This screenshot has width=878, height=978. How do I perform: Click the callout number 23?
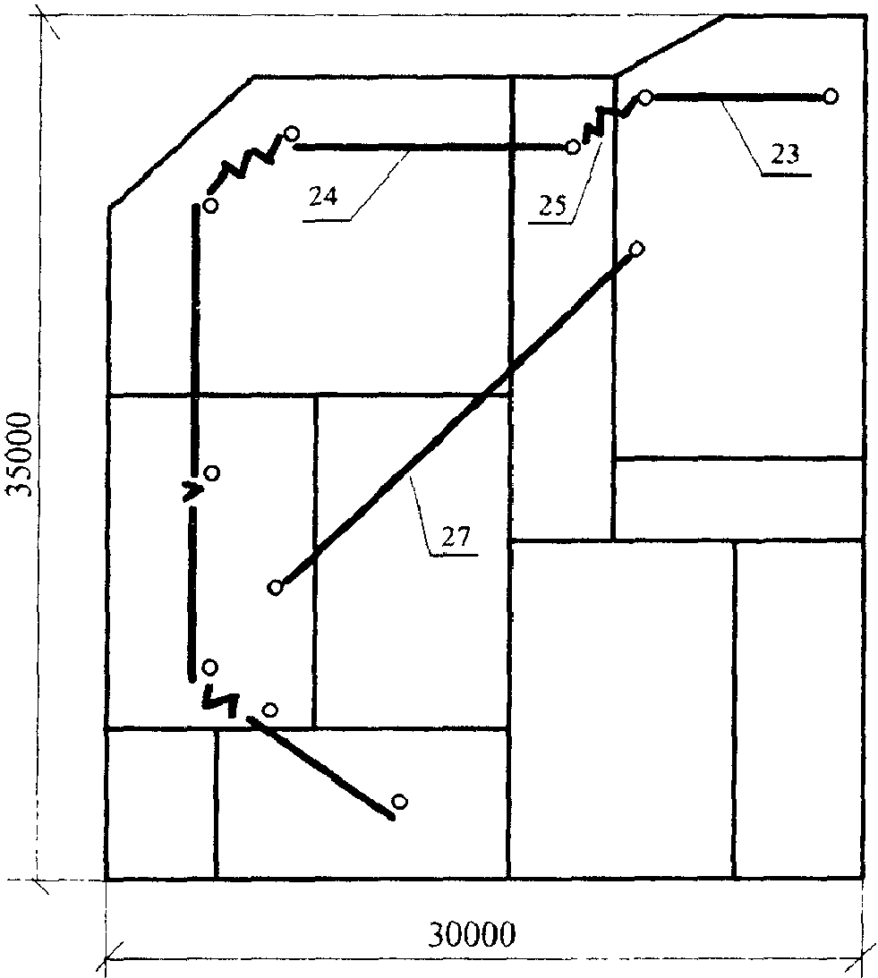click(x=784, y=154)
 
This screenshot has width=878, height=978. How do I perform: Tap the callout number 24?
click(x=323, y=197)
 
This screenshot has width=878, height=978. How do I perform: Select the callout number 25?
click(x=552, y=205)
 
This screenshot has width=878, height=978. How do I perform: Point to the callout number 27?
click(x=456, y=536)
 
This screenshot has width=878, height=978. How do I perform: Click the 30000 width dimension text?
click(x=472, y=934)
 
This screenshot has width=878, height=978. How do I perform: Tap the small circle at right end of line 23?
click(x=831, y=97)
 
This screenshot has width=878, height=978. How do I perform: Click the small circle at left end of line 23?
click(x=646, y=98)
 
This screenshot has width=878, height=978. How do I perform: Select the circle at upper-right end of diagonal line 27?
click(x=636, y=249)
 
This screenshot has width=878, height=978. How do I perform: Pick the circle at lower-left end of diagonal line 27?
click(x=275, y=587)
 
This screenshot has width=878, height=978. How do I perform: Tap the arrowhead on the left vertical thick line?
click(x=192, y=490)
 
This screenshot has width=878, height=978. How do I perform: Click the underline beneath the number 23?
click(x=786, y=176)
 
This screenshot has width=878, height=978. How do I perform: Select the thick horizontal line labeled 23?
click(x=738, y=98)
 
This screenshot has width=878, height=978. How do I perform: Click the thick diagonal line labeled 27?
click(x=456, y=418)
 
